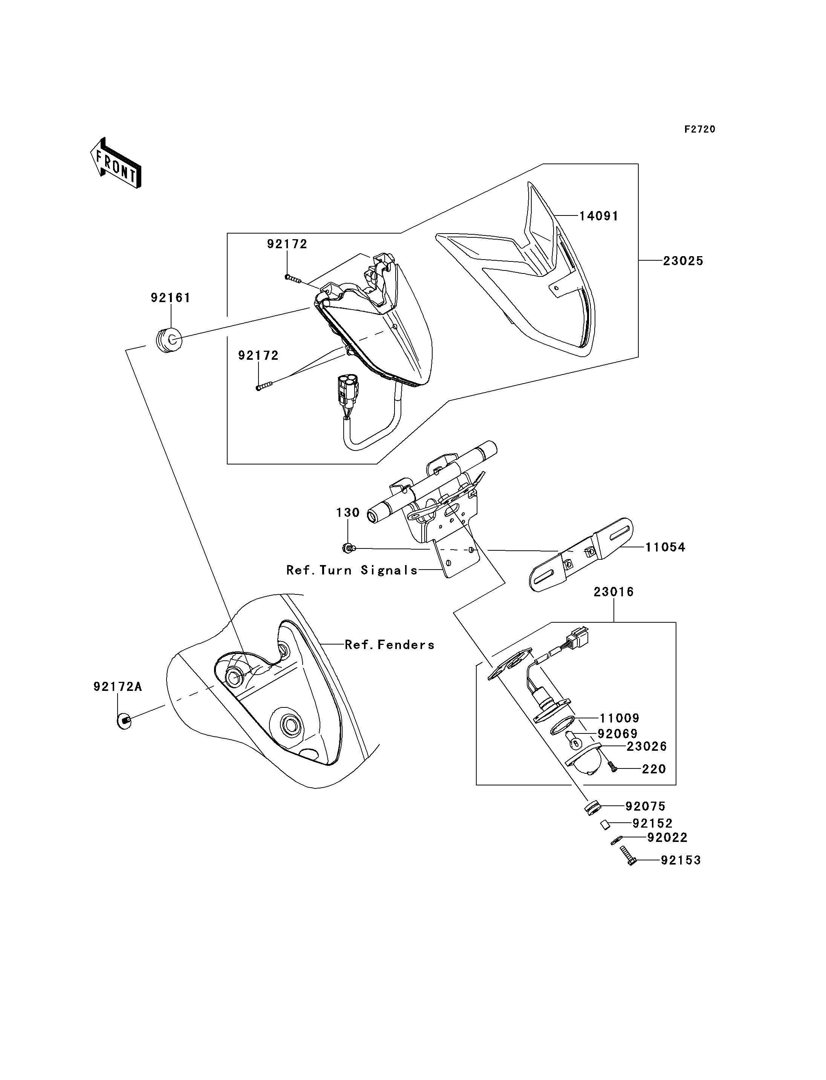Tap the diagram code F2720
click(700, 129)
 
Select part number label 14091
click(599, 216)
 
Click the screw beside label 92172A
click(124, 721)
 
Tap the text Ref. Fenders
click(389, 645)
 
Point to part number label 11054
click(665, 547)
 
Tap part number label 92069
click(618, 734)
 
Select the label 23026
click(647, 746)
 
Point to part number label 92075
click(646, 806)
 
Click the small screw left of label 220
click(612, 767)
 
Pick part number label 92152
click(652, 823)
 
